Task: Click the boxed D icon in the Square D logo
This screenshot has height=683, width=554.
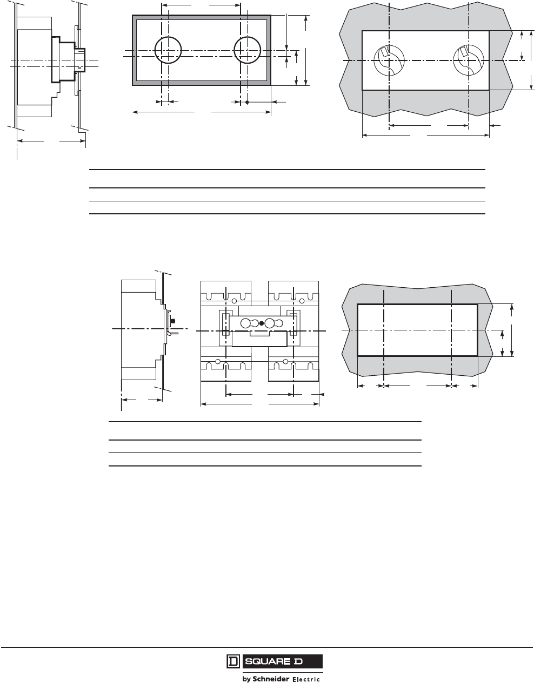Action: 233,661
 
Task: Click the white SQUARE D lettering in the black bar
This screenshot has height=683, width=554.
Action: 274,661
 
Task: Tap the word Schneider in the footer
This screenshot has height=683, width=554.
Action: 271,679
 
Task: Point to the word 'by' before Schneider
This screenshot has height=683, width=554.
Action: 246,679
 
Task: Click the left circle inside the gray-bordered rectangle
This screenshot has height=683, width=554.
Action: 168,50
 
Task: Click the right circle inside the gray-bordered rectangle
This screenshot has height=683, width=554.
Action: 247,50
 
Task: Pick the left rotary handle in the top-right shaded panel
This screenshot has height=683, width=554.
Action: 389,60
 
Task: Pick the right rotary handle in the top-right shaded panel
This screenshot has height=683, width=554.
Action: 468,60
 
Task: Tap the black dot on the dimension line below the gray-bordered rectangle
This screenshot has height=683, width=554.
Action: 247,102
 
